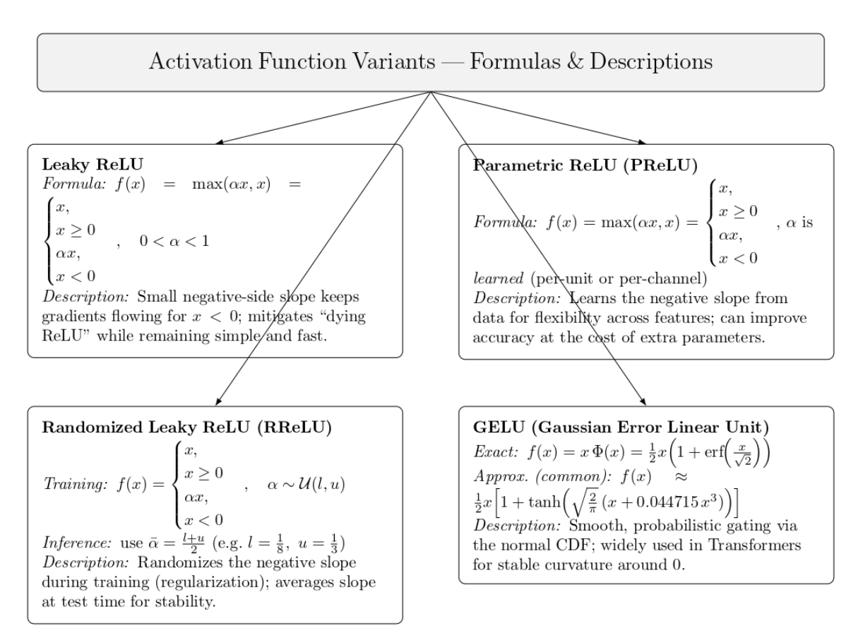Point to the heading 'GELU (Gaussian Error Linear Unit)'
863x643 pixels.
coord(612,428)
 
